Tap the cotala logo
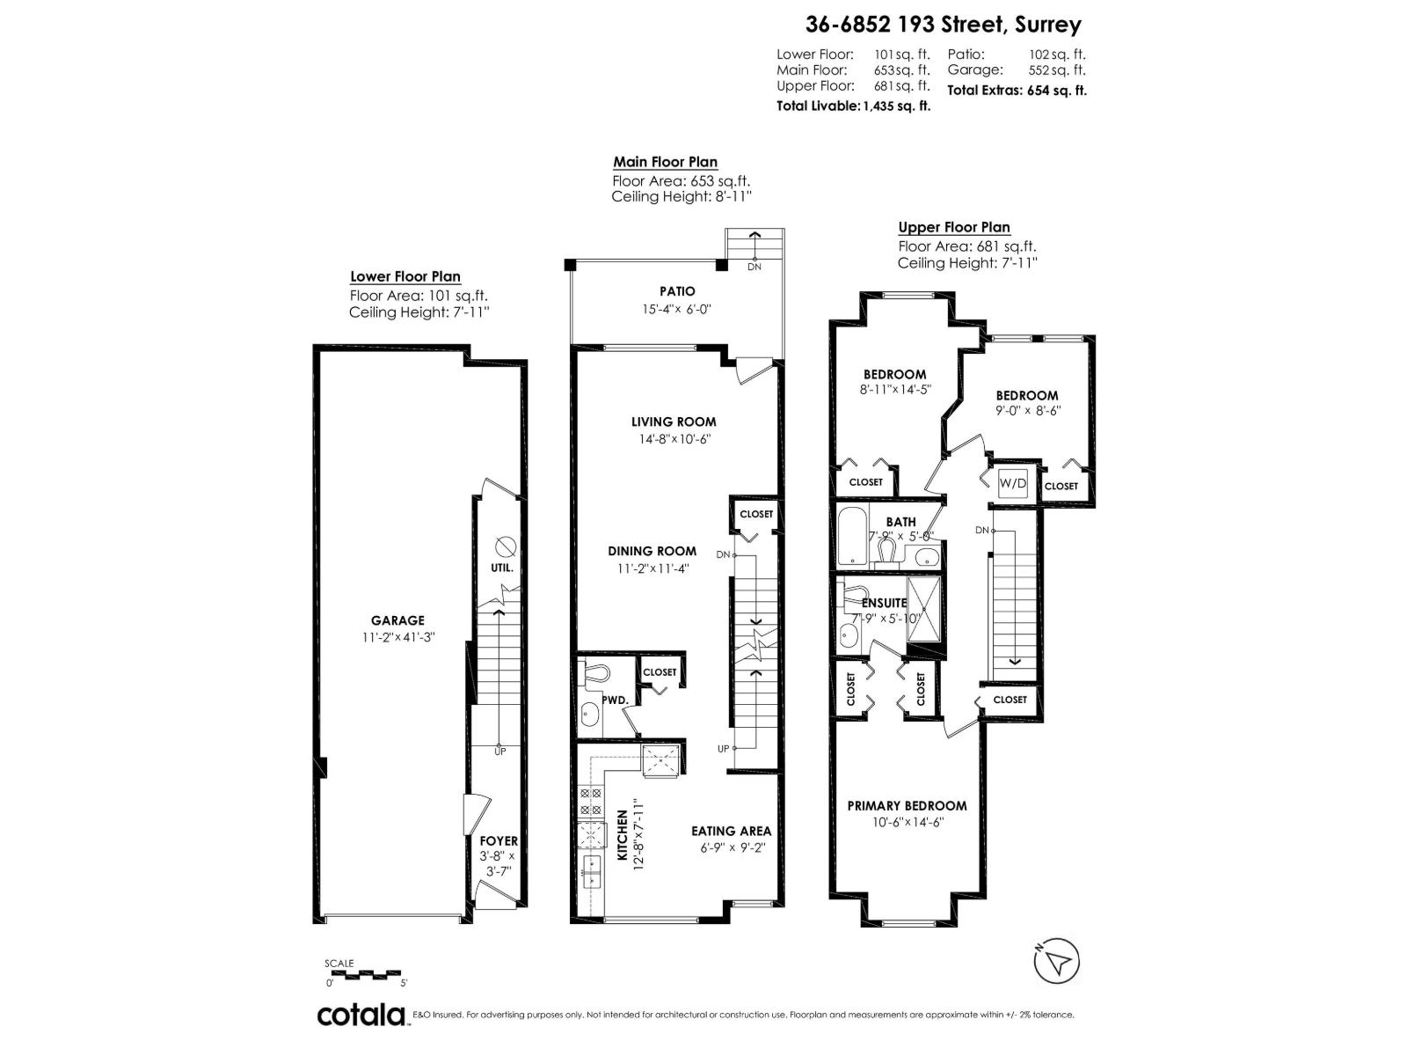(x=361, y=1016)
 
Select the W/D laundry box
(x=1012, y=483)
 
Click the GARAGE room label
(x=397, y=620)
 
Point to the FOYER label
(x=499, y=841)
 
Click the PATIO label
(x=677, y=291)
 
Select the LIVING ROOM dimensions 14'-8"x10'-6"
(x=674, y=438)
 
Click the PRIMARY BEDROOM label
(x=907, y=805)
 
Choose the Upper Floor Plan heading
(x=953, y=227)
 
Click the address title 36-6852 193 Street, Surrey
(x=944, y=25)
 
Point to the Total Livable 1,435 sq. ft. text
(x=853, y=106)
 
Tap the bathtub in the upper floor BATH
(x=850, y=535)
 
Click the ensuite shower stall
(x=922, y=600)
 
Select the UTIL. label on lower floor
(x=502, y=568)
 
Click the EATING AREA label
(x=731, y=831)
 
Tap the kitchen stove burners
(x=590, y=801)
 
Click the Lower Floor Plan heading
(x=405, y=276)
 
